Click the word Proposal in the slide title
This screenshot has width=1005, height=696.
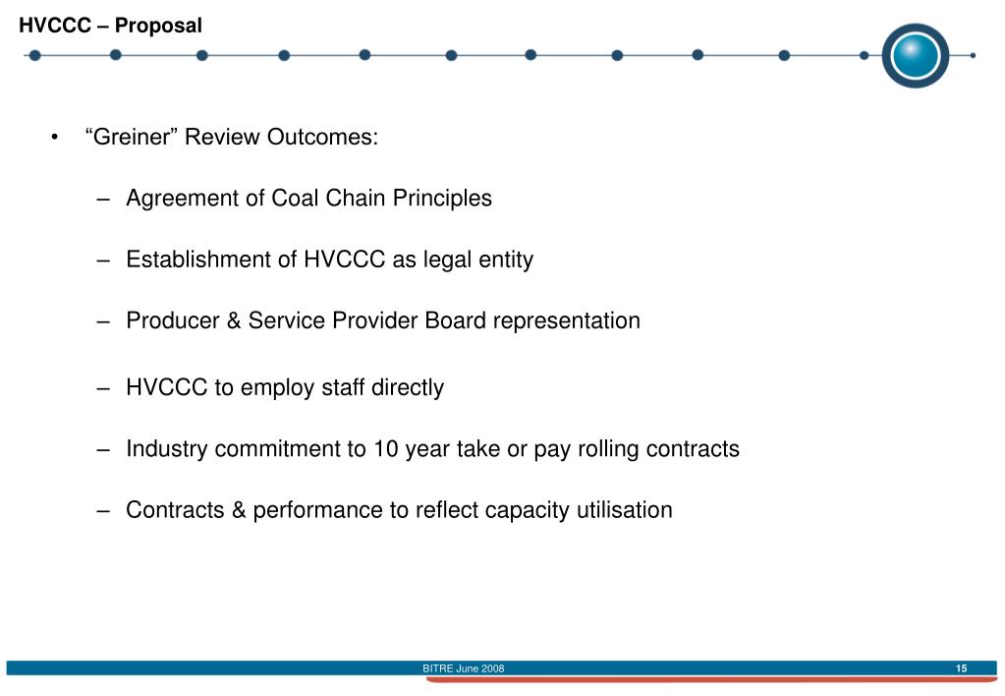click(x=158, y=26)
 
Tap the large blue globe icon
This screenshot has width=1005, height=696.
click(x=915, y=55)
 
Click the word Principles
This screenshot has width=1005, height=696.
click(x=442, y=199)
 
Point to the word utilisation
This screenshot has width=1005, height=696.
click(x=624, y=511)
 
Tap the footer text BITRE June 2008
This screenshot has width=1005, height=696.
click(x=464, y=668)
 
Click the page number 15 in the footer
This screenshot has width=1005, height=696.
click(x=961, y=668)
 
